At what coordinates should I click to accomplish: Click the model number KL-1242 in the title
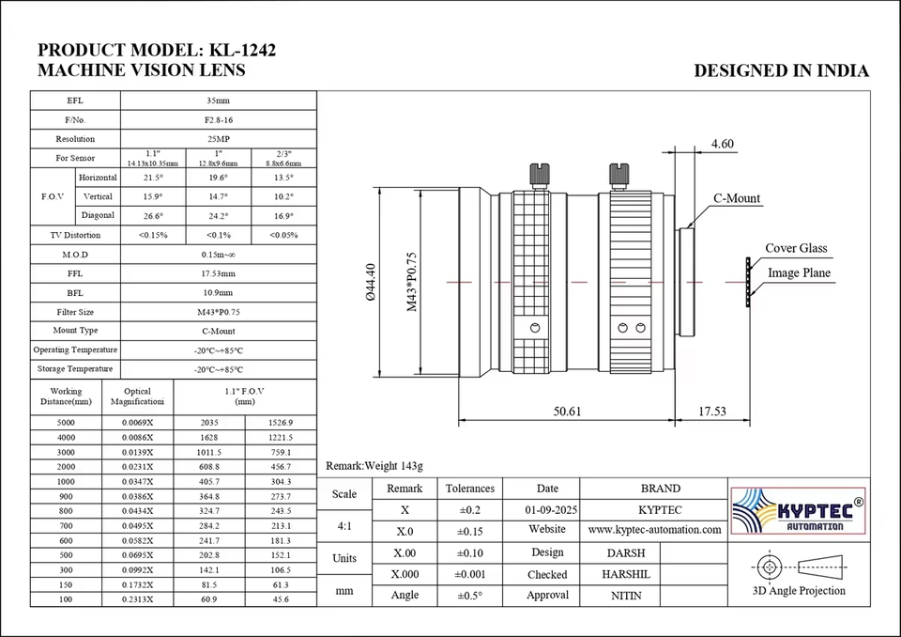coord(242,50)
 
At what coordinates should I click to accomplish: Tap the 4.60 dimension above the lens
coord(723,144)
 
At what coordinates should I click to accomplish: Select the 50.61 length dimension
coord(567,412)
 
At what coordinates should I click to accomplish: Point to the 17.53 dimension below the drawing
coord(712,412)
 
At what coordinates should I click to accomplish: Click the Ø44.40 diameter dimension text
coord(371,282)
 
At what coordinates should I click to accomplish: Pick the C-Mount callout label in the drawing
coord(737,198)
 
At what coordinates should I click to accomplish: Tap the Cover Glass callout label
coord(796,248)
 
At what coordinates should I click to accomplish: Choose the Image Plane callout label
coord(800,272)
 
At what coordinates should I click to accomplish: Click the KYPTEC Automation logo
coord(798,510)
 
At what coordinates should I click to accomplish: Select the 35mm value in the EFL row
coord(219,101)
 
